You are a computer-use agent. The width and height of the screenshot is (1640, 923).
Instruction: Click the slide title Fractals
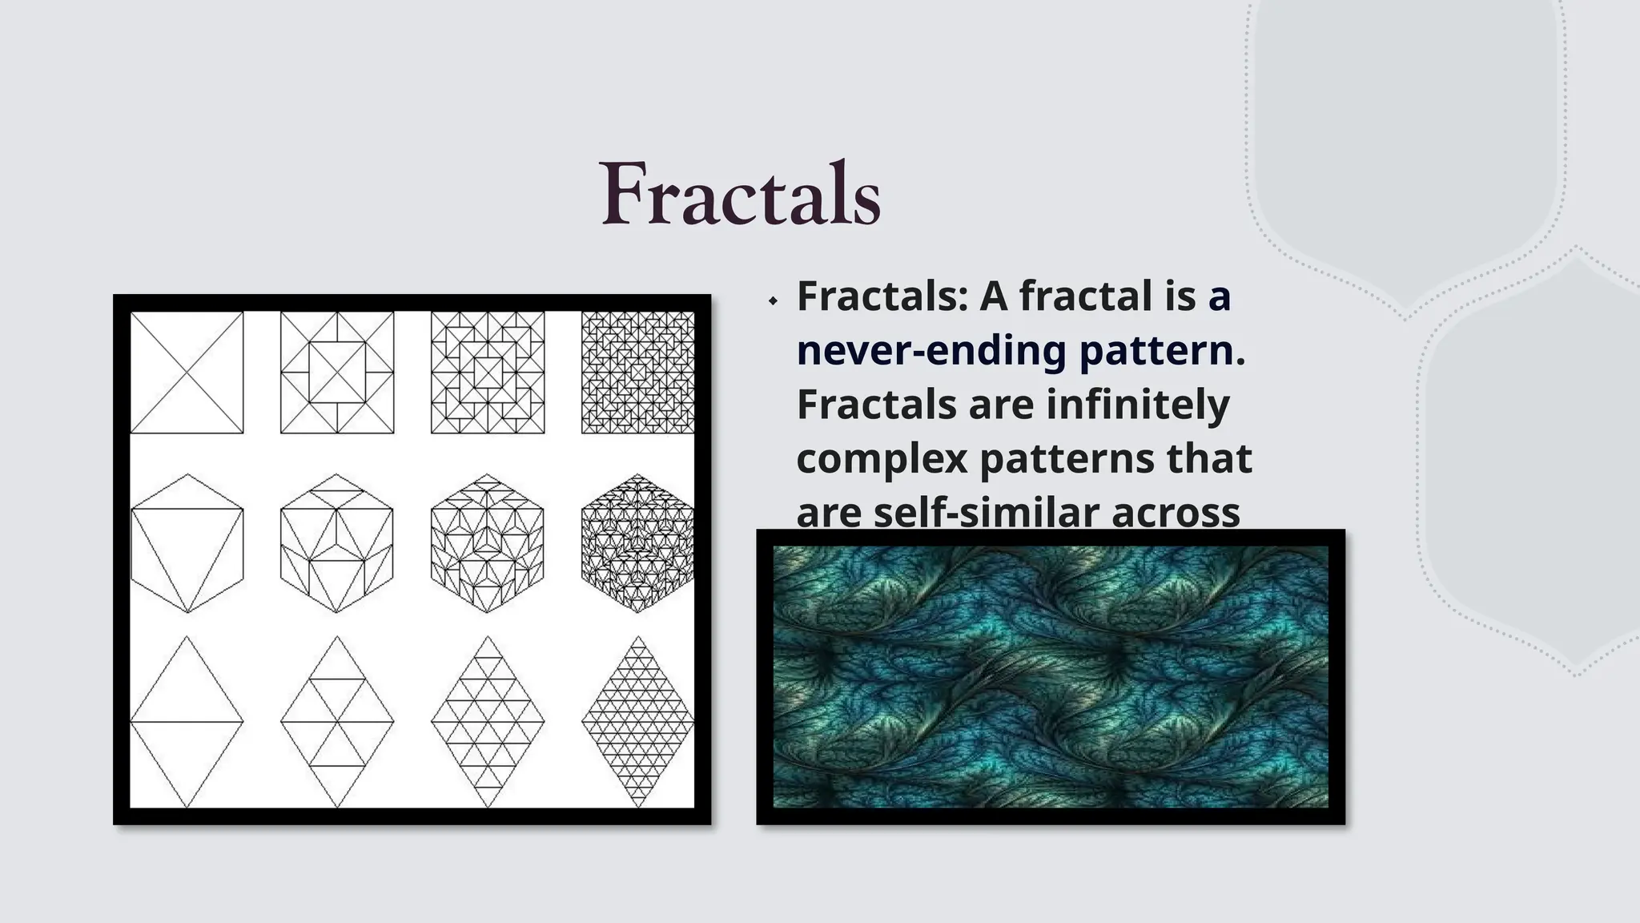[741, 195]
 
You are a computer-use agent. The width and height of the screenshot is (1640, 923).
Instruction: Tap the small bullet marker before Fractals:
[773, 301]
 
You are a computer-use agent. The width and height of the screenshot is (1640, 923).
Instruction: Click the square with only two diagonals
[187, 373]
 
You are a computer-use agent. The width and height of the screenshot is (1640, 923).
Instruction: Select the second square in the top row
[337, 373]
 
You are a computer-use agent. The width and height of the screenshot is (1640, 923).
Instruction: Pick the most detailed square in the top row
[637, 373]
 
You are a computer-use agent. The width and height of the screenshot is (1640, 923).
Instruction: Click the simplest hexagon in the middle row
[187, 543]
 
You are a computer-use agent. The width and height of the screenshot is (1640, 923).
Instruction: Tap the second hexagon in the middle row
[337, 543]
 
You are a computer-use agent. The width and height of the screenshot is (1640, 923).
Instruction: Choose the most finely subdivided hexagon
[637, 543]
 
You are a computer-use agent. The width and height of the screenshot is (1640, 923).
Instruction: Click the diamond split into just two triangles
[187, 722]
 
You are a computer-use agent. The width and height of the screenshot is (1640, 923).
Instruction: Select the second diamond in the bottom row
[337, 722]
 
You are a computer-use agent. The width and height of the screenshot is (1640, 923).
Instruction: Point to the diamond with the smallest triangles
[637, 722]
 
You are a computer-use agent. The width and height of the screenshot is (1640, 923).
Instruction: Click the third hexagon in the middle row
[488, 543]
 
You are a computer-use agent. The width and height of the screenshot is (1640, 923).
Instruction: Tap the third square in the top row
[488, 373]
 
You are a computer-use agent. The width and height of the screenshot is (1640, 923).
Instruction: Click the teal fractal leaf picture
[1050, 677]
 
